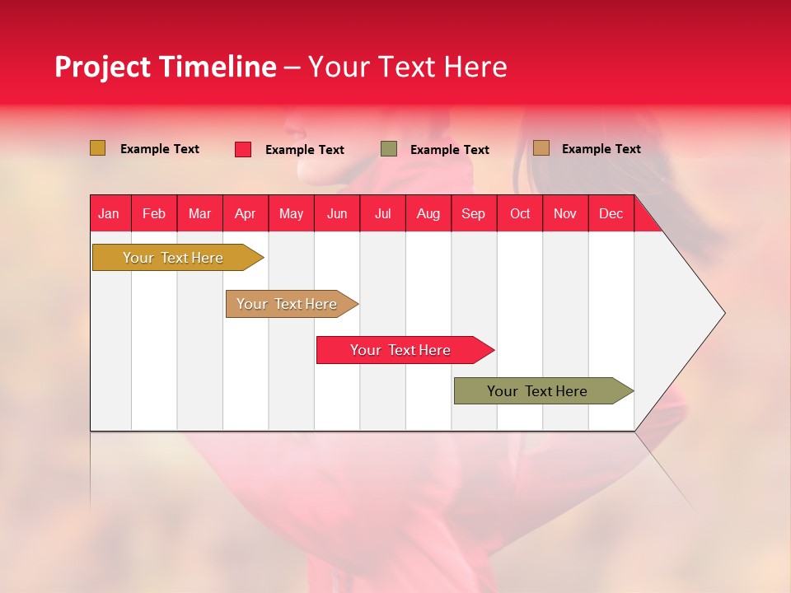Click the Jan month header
click(110, 213)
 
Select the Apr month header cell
click(246, 213)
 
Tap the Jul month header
click(383, 213)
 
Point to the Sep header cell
click(474, 213)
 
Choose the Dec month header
click(611, 213)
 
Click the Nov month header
click(565, 213)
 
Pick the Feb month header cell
click(154, 213)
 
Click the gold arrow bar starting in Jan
click(173, 258)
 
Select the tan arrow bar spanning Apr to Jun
click(287, 304)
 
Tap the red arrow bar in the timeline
click(400, 350)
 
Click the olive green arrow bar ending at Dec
click(537, 391)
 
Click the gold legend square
click(98, 148)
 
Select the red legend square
click(243, 149)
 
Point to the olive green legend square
click(389, 149)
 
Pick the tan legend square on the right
click(541, 148)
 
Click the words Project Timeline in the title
click(165, 67)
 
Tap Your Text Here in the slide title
click(408, 67)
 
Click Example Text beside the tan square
click(601, 149)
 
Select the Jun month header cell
click(337, 213)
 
